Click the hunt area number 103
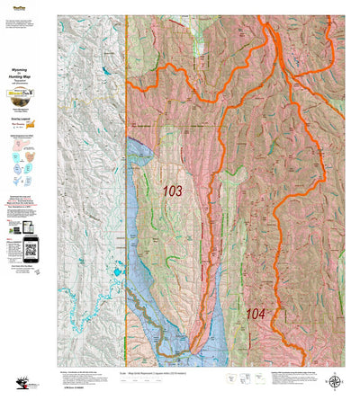coord(171,191)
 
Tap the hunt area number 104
coord(256,314)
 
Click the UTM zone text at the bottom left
coord(26,393)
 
